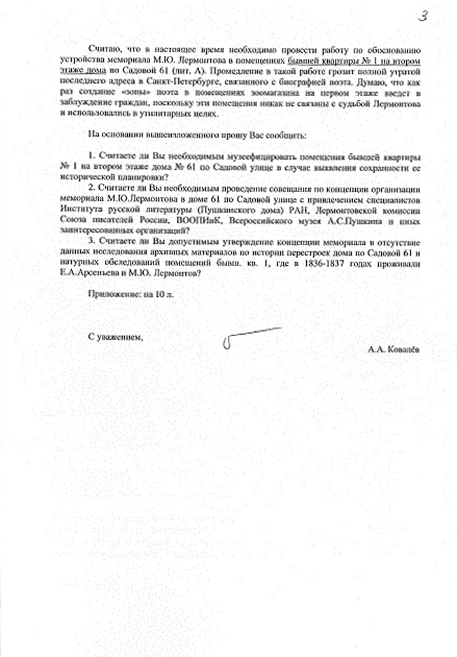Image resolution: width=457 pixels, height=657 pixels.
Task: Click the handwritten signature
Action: (x=248, y=336)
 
